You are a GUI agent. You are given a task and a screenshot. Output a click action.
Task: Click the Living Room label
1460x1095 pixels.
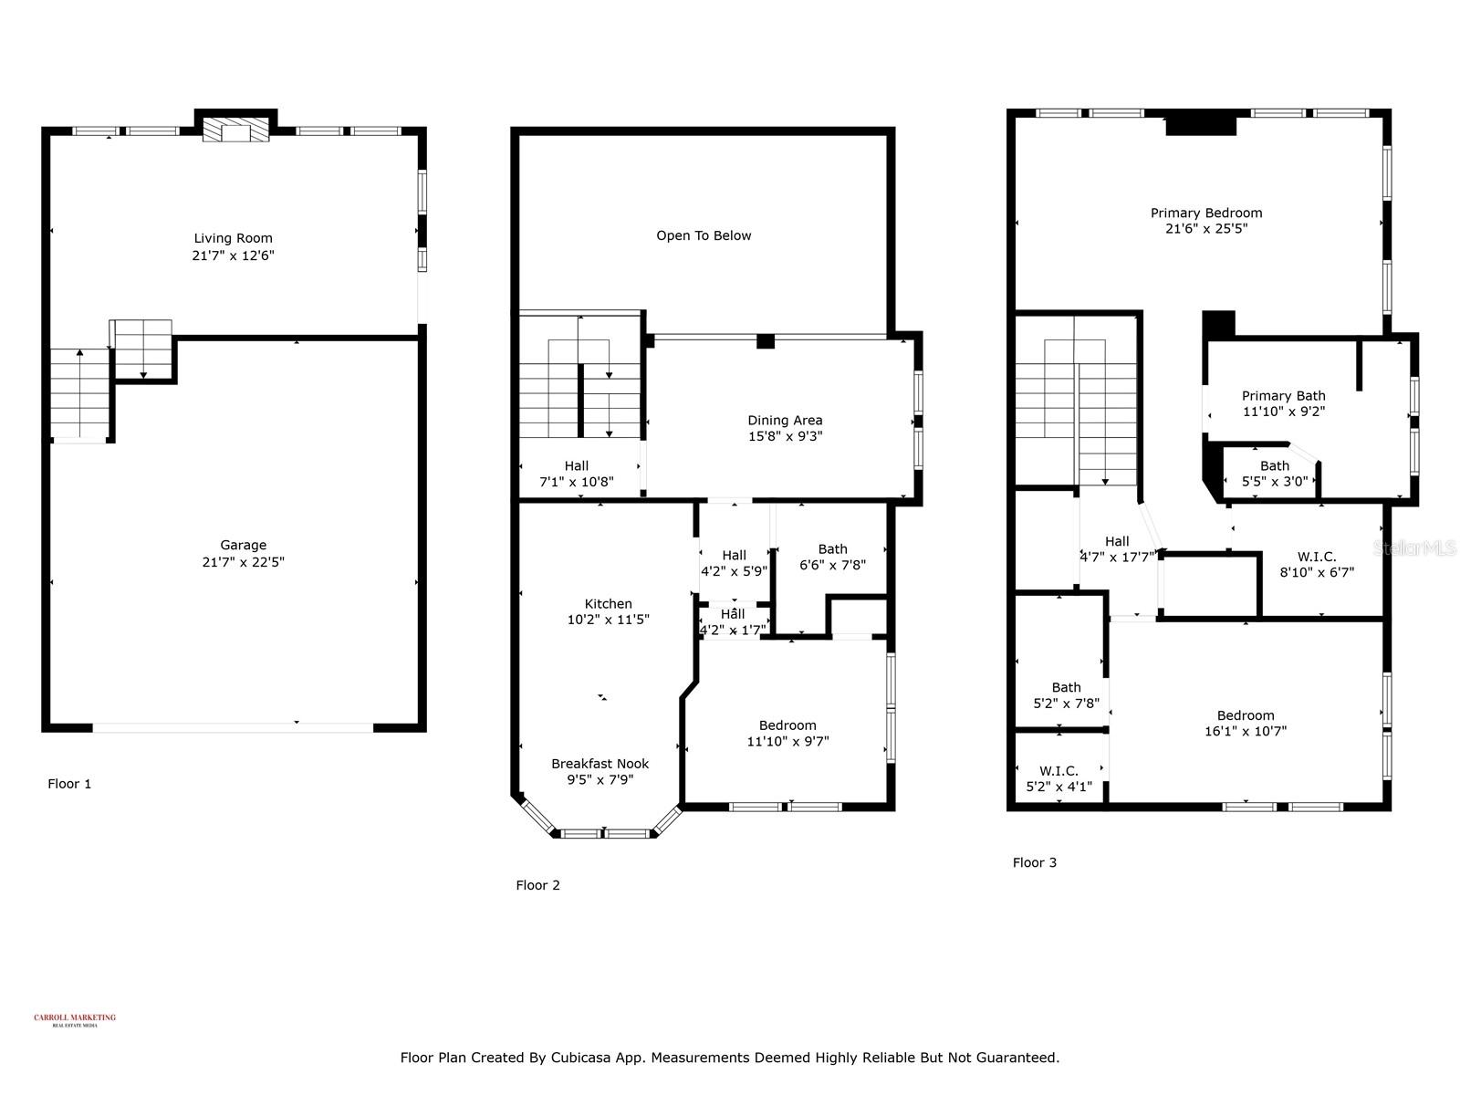233,238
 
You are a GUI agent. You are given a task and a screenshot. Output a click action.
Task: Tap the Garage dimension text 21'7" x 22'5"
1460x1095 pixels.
243,562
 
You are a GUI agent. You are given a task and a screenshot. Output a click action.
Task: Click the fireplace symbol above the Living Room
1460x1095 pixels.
236,130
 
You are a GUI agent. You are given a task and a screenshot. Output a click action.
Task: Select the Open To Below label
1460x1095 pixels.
704,235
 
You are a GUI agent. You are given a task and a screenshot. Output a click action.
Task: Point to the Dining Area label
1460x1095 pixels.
785,420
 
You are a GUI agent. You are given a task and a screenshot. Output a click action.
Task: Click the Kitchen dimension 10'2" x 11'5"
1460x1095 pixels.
608,620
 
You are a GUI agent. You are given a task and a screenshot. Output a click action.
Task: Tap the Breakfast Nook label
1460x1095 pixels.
600,764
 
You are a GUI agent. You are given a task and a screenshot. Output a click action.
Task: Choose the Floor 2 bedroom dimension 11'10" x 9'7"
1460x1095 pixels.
787,742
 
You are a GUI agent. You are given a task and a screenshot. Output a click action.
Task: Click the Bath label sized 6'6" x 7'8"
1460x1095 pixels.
832,548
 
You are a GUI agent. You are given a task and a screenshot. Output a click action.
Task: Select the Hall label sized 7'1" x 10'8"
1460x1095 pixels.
576,465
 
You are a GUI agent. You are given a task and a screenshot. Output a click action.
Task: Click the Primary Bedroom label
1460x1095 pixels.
1206,213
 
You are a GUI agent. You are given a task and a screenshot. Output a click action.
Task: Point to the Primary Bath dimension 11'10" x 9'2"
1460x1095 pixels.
1283,412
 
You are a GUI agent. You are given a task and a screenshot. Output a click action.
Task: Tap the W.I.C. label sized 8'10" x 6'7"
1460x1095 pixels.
1316,557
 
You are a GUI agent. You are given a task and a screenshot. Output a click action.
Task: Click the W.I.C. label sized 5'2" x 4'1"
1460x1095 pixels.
1058,771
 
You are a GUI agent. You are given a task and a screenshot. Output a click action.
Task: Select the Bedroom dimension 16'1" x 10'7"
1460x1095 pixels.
1246,731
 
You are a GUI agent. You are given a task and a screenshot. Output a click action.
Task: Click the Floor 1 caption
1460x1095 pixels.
69,784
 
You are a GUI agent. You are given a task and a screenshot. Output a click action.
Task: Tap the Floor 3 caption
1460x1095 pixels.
1035,862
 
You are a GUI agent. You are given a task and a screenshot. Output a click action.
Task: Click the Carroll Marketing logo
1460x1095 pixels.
75,1019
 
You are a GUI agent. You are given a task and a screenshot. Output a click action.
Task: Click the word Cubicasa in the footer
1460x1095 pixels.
581,1058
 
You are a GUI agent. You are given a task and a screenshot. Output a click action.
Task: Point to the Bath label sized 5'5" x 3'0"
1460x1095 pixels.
1275,465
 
